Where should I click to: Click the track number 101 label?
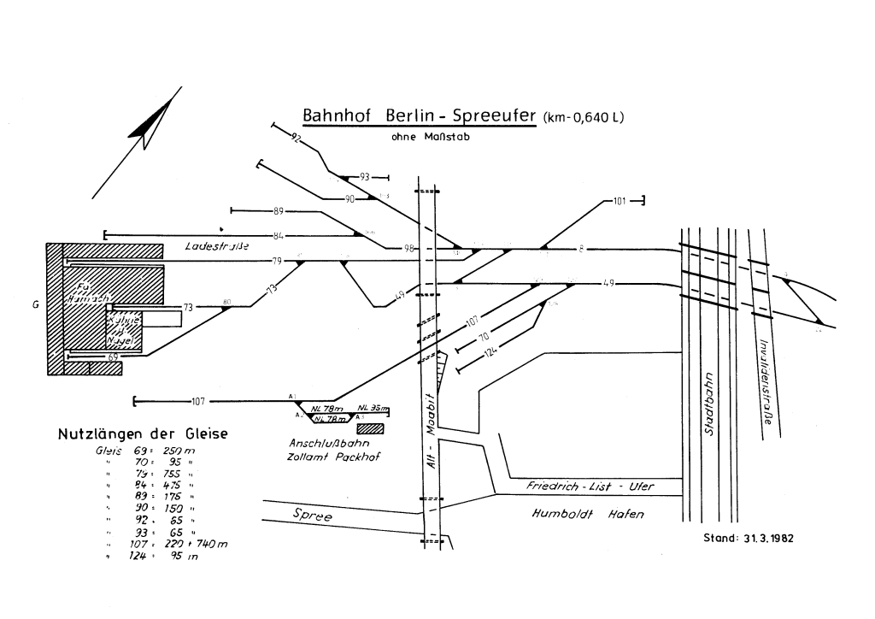tap(620, 202)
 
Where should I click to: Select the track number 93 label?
tap(365, 177)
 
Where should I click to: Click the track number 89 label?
tap(278, 210)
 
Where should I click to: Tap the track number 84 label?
tap(278, 234)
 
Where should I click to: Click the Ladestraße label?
tap(216, 246)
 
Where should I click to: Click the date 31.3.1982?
tap(752, 539)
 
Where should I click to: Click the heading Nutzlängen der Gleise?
tap(143, 434)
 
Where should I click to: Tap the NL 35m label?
tap(373, 408)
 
